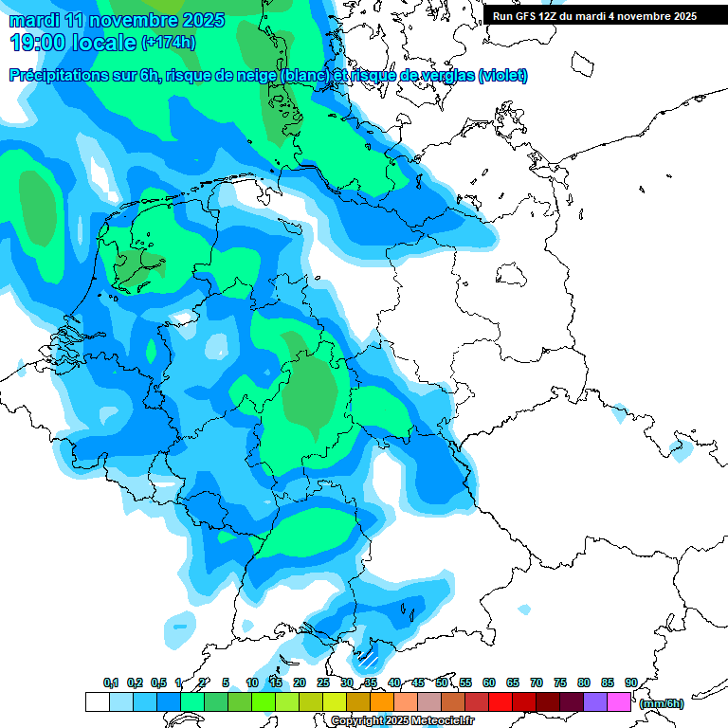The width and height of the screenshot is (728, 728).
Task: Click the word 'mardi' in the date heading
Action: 33,20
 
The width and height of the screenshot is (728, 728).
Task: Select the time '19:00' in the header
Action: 38,43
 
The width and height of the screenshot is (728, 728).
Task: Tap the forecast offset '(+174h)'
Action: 170,43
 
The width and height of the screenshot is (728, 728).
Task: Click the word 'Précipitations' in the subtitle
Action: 57,76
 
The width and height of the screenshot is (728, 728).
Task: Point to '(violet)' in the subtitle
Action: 502,76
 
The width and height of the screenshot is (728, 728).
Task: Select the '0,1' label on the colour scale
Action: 110,682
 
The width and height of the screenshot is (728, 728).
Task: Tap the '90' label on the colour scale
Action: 630,682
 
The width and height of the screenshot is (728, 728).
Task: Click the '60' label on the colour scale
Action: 489,682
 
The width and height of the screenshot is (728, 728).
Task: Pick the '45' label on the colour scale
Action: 418,682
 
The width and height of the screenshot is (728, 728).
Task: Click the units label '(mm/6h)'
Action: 662,703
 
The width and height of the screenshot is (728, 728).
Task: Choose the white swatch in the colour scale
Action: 97,701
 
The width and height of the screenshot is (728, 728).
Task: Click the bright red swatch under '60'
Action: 500,701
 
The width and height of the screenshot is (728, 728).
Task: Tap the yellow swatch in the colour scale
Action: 335,701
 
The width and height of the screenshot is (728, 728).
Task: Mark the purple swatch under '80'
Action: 595,701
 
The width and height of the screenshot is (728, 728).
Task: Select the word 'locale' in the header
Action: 100,43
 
